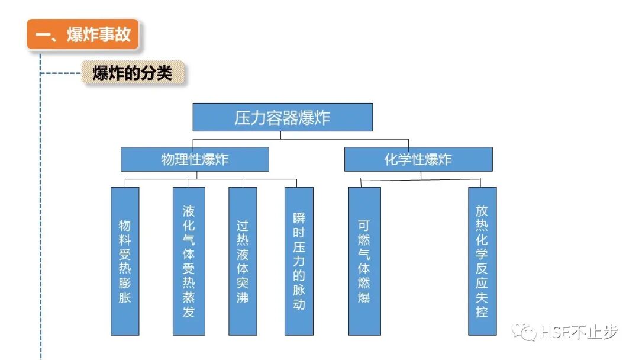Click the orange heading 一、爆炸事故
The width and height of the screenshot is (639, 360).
[83, 34]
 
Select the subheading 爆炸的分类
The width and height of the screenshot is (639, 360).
[133, 73]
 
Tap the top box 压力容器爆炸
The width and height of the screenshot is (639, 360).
[282, 117]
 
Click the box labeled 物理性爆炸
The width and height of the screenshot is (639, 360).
[195, 159]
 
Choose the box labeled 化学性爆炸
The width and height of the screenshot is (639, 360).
[418, 159]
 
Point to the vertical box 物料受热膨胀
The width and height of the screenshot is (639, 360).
[125, 261]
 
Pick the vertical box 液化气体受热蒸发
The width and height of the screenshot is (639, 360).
[189, 261]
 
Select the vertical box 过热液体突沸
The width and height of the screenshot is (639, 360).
[243, 261]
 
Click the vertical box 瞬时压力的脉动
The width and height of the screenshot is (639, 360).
[299, 261]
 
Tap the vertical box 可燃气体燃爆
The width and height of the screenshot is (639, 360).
[364, 261]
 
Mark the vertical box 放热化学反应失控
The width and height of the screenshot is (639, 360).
[482, 261]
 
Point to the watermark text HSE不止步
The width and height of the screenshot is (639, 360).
[579, 333]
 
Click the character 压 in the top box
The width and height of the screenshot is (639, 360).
[242, 118]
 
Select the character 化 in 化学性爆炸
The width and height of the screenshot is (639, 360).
[391, 160]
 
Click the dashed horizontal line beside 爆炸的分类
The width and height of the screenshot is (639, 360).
[60, 73]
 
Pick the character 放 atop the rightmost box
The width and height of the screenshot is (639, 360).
[482, 210]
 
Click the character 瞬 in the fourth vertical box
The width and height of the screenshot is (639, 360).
[299, 218]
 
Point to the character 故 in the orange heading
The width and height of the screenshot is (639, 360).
[123, 35]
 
